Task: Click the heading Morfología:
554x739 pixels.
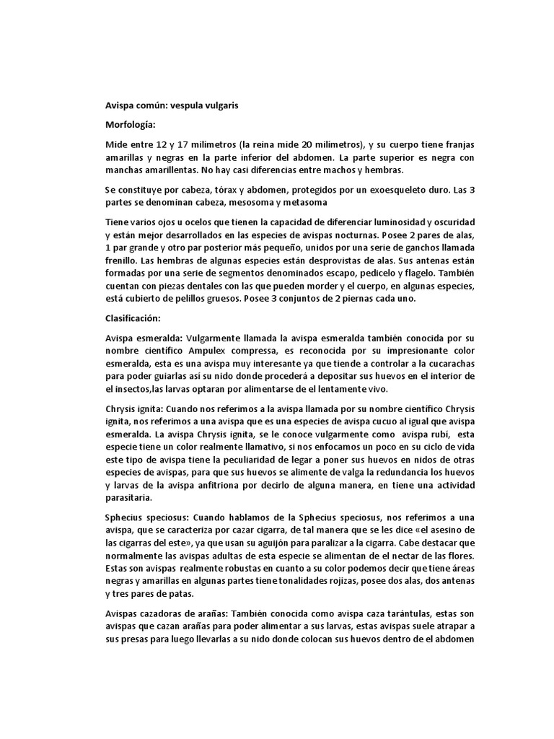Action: coord(130,126)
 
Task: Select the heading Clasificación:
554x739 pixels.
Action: coord(134,317)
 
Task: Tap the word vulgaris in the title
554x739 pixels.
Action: coord(216,105)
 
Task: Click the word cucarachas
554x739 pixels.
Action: coord(448,364)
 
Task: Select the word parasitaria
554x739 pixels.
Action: coord(132,497)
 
